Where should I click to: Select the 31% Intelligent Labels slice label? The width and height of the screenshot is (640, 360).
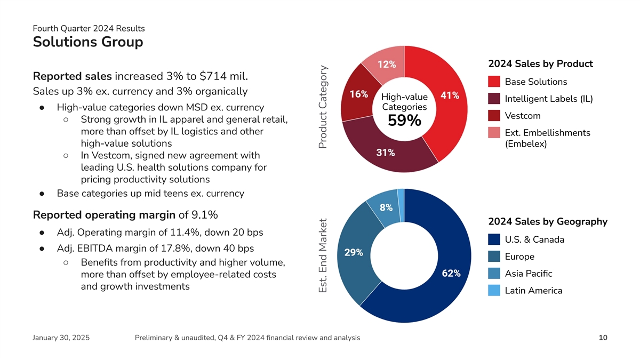pos(386,153)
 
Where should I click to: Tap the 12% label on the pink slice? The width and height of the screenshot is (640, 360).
pos(387,64)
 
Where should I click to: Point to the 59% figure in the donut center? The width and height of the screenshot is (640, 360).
pos(404,121)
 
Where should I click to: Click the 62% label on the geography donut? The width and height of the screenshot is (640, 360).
pos(451,273)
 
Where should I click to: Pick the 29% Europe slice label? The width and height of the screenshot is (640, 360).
pos(354,252)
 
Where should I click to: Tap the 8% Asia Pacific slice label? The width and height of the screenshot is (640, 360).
pos(386,207)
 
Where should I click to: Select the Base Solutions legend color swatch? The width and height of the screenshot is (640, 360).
pos(494,82)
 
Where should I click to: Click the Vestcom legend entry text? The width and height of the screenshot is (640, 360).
pos(523,116)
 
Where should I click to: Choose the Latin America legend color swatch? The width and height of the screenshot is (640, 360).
pos(494,291)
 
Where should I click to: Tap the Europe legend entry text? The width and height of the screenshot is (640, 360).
pos(519,257)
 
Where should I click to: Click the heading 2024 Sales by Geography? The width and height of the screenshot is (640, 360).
pos(548,221)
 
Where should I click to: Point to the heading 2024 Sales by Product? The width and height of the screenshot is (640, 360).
pos(540,64)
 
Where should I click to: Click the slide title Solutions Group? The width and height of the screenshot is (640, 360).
pos(88,42)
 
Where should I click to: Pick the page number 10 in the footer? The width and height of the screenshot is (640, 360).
pos(603,338)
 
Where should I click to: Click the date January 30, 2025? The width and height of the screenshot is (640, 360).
pos(61,338)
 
